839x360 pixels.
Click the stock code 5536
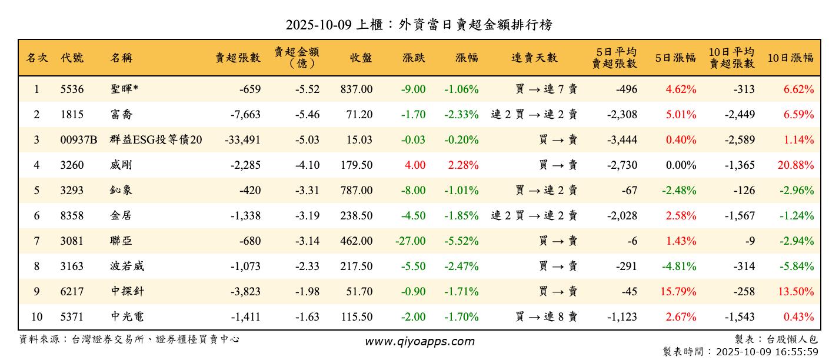click(72, 89)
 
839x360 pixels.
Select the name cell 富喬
click(121, 115)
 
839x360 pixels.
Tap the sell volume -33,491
click(242, 140)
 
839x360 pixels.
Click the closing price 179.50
click(356, 165)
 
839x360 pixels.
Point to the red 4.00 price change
click(415, 165)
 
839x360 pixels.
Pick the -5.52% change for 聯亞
click(461, 241)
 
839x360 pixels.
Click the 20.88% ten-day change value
click(795, 165)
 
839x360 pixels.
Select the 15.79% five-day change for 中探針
click(681, 292)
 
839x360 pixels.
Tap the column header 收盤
click(361, 58)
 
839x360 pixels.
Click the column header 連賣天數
click(534, 58)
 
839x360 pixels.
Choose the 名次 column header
click(37, 58)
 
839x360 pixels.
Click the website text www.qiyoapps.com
click(419, 342)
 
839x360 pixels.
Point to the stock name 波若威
click(127, 266)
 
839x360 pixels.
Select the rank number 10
click(36, 317)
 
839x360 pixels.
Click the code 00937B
click(78, 140)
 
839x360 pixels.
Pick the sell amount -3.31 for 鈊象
click(307, 191)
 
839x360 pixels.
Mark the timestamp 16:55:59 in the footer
click(798, 352)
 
